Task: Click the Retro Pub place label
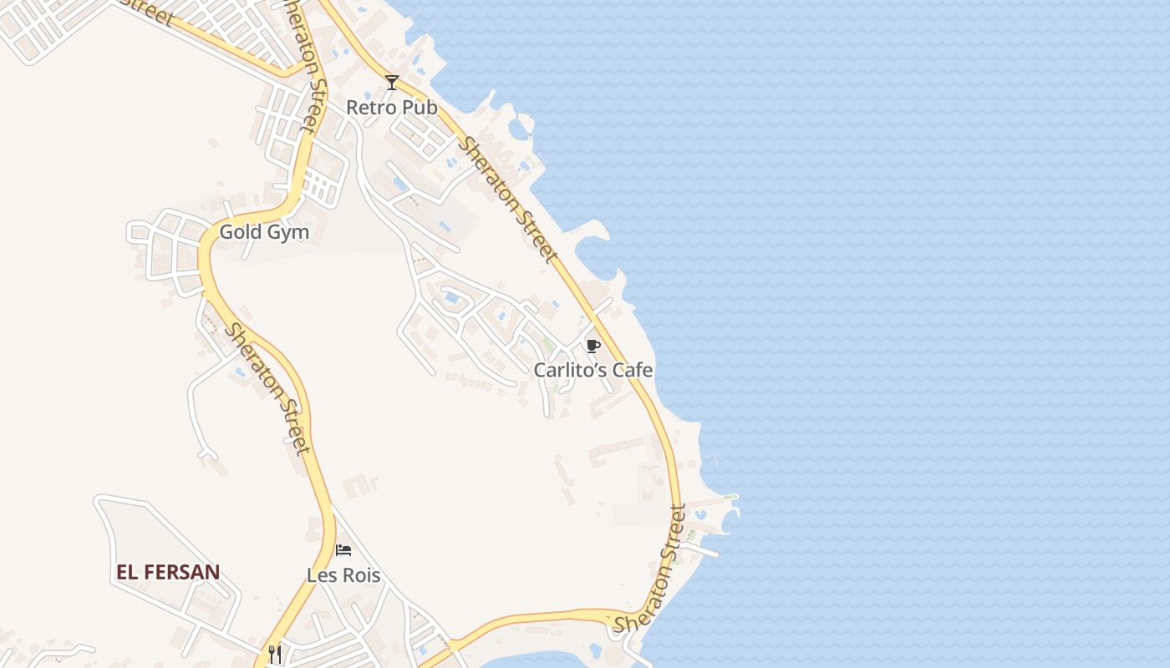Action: click(x=391, y=108)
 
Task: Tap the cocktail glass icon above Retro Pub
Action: click(x=392, y=82)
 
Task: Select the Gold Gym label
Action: click(x=264, y=232)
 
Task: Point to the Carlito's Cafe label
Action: click(x=593, y=369)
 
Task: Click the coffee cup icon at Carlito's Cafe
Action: click(x=593, y=346)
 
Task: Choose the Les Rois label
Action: click(x=343, y=575)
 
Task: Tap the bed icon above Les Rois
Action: click(x=343, y=550)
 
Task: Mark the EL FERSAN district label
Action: click(x=168, y=572)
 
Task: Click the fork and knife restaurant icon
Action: click(x=274, y=653)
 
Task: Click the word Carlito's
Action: click(x=568, y=369)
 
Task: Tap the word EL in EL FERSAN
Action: click(x=127, y=572)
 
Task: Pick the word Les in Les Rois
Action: click(x=322, y=575)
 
